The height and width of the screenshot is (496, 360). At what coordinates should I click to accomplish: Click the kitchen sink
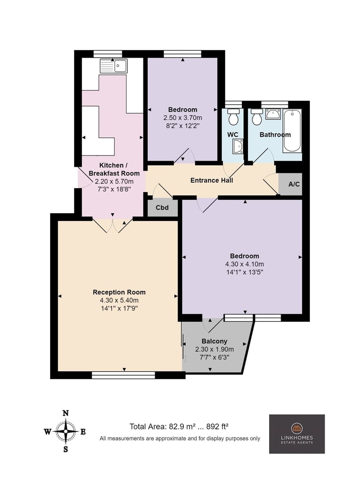point(113,66)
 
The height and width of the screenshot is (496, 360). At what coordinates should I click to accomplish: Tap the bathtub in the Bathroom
point(292,130)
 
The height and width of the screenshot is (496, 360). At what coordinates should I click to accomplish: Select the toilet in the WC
point(233,117)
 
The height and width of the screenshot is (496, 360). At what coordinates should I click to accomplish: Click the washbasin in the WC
point(238,147)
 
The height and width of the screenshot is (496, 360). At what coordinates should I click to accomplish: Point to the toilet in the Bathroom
point(257,117)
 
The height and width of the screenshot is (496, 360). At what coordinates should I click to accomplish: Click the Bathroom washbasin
point(273,114)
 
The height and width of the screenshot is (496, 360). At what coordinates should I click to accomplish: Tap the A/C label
point(294,184)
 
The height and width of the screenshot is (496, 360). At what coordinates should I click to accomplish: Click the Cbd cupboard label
point(162,208)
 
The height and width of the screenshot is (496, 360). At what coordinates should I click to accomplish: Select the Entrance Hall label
point(211,180)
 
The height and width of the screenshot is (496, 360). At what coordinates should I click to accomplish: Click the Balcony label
point(214,341)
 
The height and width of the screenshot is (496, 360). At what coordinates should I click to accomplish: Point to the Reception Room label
point(119,292)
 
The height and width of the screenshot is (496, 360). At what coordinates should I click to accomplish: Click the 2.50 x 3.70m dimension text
point(183,118)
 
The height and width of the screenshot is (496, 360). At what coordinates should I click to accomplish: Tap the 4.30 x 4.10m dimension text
point(244,264)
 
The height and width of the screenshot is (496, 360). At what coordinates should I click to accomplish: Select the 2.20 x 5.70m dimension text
point(114,182)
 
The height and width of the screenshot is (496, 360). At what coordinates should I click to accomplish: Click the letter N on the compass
point(66,413)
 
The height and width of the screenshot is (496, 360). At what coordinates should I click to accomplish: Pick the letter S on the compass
point(66,449)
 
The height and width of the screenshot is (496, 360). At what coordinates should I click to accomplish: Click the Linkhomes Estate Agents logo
point(297,434)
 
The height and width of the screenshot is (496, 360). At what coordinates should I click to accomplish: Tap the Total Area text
point(179,426)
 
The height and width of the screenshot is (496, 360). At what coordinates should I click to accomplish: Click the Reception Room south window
point(123,375)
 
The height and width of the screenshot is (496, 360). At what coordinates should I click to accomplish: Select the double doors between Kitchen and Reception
point(112,225)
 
